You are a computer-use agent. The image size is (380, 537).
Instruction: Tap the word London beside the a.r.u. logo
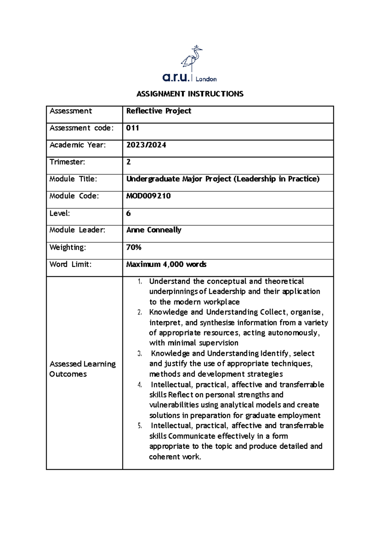[x=206, y=79]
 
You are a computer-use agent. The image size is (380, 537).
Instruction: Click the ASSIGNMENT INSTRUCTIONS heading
[x=190, y=94]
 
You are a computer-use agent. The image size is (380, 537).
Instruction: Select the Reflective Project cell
[x=159, y=111]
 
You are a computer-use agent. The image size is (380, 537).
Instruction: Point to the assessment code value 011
[x=132, y=128]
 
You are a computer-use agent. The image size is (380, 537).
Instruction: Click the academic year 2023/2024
[x=146, y=145]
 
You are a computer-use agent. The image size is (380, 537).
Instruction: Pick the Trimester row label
[x=67, y=162]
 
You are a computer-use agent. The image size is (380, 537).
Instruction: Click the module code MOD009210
[x=148, y=196]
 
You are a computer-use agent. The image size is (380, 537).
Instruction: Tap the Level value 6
[x=128, y=213]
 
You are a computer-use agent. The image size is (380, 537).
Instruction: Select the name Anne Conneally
[x=154, y=230]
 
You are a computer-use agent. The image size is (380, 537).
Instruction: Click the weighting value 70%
[x=134, y=247]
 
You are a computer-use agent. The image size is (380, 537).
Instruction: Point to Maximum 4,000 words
[x=166, y=264]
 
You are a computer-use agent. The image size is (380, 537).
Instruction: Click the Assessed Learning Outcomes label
[x=82, y=369]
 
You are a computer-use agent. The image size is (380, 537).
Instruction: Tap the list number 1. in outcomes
[x=140, y=281]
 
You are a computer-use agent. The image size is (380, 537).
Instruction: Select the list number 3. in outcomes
[x=140, y=354]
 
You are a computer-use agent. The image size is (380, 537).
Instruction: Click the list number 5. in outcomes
[x=140, y=426]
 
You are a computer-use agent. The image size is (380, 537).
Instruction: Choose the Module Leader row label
[x=77, y=230]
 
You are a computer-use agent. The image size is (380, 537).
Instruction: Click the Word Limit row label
[x=70, y=264]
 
